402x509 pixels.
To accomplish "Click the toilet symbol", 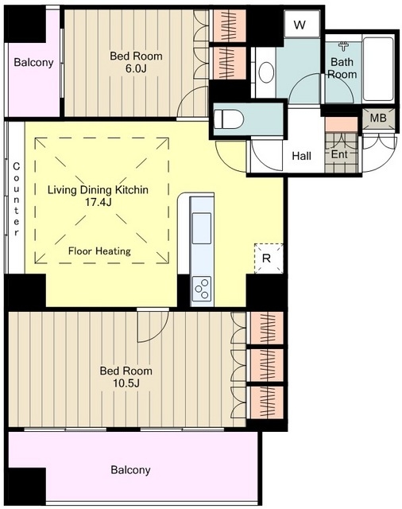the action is point(229,119).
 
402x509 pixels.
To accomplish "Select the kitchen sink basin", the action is point(202,228).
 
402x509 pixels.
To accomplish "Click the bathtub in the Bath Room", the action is point(378,69).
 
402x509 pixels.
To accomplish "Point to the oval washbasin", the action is point(267,72).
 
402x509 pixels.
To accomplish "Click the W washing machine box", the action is point(300,24).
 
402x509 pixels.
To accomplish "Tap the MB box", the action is point(378,119).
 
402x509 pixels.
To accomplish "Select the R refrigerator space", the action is point(269,258).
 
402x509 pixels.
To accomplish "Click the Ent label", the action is point(339,154).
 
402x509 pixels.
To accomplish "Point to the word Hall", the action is point(302,156).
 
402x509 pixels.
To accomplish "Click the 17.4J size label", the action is point(98,202).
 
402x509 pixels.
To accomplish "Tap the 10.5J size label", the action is point(126,383).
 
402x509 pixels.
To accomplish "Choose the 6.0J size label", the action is point(136,68).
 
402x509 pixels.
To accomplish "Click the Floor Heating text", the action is point(99,251).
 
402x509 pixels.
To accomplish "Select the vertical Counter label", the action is point(16,200).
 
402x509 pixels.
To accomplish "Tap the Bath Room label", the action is point(342,68).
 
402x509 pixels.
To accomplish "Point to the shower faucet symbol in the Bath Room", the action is point(343,46).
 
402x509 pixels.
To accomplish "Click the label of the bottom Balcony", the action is point(130,470).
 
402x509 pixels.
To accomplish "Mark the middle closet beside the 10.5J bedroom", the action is point(265,365).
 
